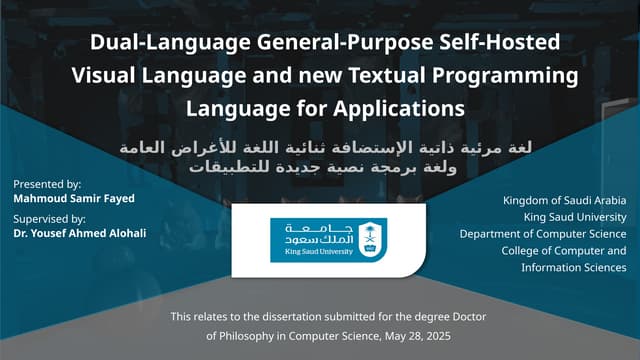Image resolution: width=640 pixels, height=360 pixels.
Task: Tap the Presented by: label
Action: tap(48, 184)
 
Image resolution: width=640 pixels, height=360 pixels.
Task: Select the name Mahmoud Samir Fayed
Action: tap(74, 198)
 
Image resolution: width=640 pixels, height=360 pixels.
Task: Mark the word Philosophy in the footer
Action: tap(251, 336)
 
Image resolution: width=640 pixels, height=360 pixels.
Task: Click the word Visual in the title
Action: tap(107, 75)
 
